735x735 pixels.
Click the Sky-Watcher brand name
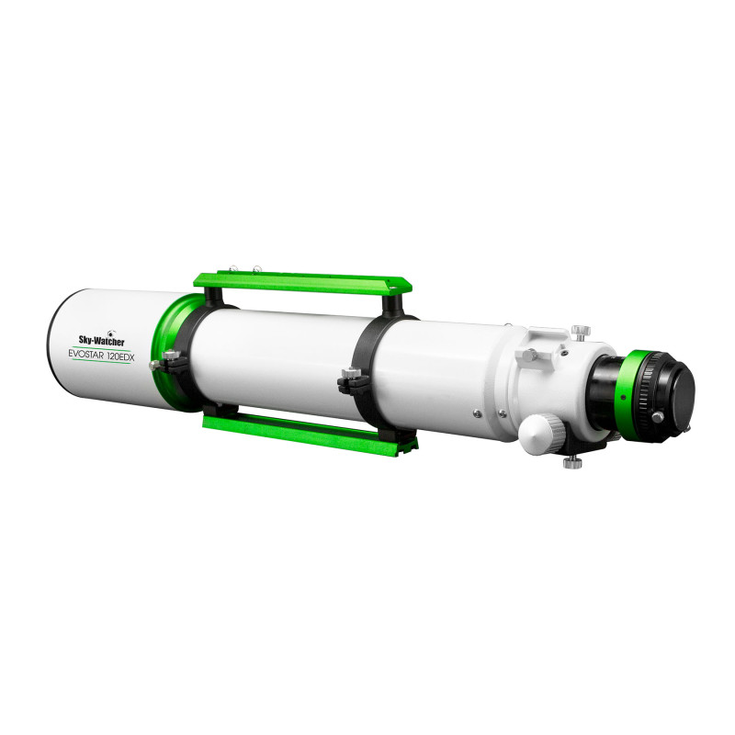[101, 341]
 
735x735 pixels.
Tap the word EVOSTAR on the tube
[85, 355]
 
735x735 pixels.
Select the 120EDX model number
[120, 357]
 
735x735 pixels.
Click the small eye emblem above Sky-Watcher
[110, 332]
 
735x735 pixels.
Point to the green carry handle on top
[303, 282]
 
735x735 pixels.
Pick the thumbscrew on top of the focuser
[581, 332]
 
